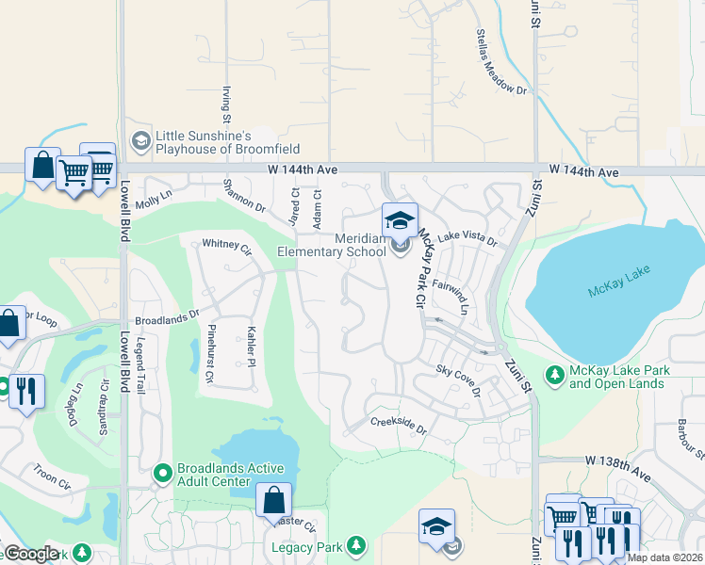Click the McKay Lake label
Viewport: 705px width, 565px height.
618,288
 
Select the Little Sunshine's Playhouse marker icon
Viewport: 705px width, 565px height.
141,141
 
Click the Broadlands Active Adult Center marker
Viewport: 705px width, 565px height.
163,471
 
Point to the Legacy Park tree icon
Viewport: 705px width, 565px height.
355,546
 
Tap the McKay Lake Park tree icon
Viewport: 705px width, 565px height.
555,377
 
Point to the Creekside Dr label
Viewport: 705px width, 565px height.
398,426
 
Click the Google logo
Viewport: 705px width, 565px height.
31,554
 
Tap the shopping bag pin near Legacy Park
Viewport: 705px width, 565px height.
273,501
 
